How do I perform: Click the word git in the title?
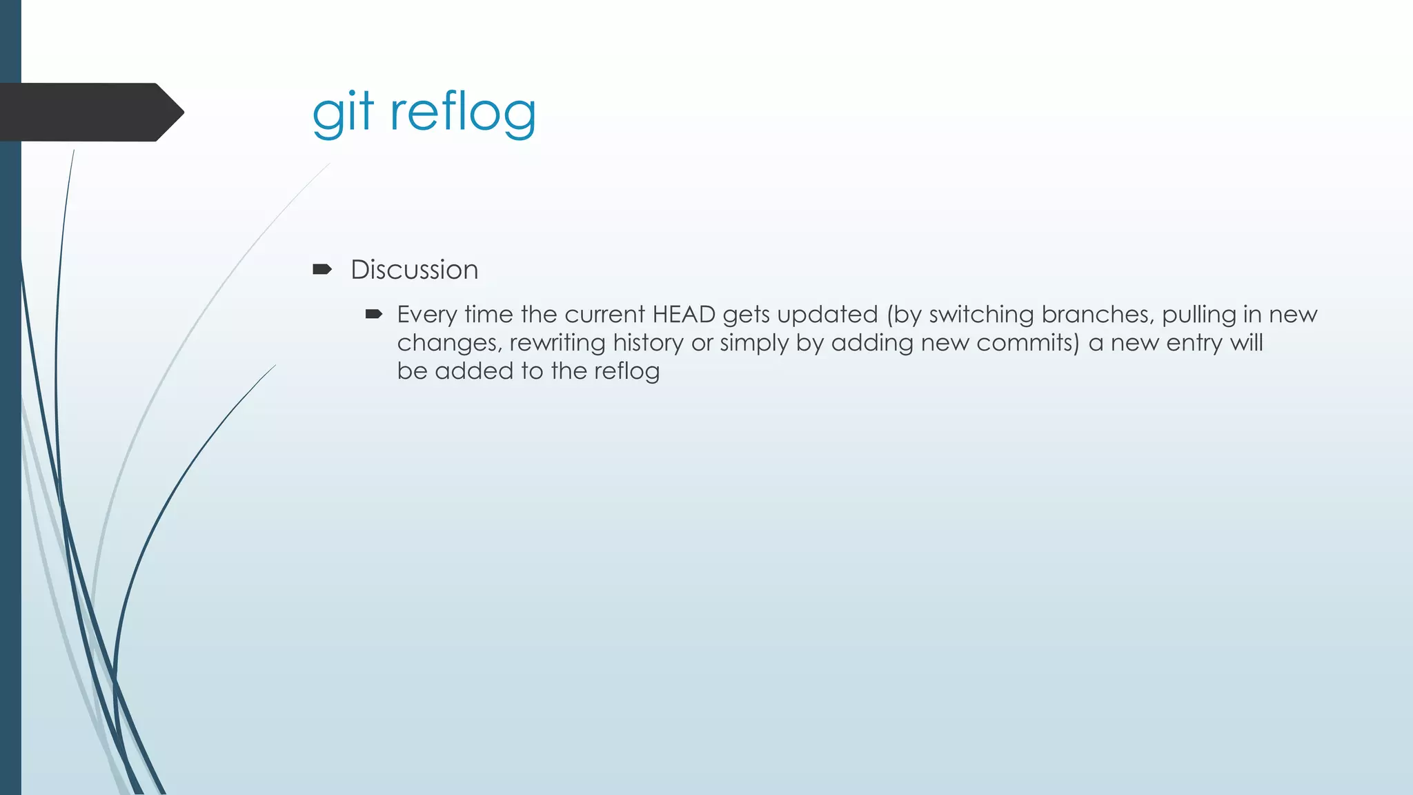coord(342,112)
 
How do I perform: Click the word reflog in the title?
coord(463,112)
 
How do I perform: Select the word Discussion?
coord(414,270)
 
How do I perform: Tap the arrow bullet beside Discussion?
coord(322,269)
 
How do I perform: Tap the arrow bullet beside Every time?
coord(373,315)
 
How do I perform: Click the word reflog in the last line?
coord(626,372)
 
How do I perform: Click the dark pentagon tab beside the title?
coord(90,112)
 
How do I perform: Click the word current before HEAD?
coord(604,315)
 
